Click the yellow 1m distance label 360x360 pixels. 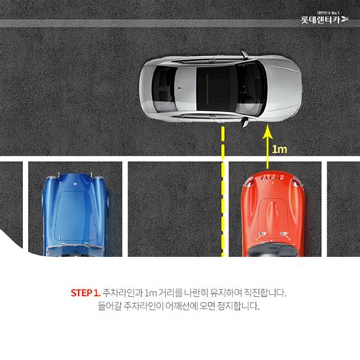coord(280,149)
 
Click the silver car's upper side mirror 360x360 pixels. coord(244,55)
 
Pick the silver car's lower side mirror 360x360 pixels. coord(244,120)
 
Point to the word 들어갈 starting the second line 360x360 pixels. coord(112,307)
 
